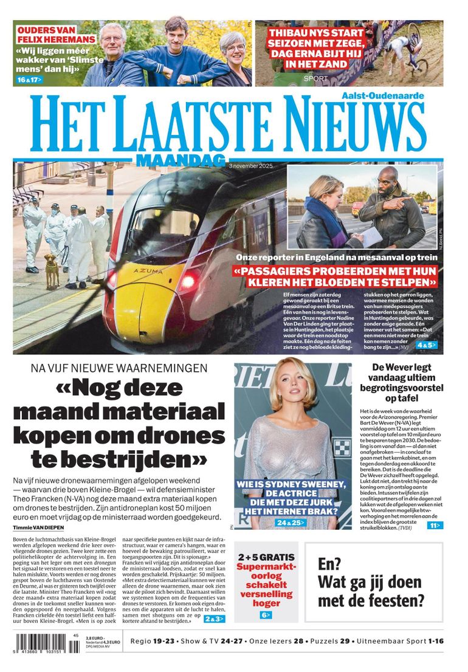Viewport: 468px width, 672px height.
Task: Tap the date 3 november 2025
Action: click(251, 165)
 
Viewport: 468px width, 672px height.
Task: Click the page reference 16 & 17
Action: click(29, 80)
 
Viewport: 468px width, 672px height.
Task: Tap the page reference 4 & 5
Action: click(425, 345)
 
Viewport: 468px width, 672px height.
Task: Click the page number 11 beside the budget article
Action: click(435, 525)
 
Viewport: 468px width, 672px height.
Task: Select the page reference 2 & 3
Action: click(214, 619)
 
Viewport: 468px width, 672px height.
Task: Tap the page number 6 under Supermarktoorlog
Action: click(266, 615)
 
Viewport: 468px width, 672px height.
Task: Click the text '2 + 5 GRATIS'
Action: click(266, 557)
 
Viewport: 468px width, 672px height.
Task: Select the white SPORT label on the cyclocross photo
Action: click(315, 78)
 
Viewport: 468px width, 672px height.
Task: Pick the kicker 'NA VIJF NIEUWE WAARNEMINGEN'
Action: click(119, 368)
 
